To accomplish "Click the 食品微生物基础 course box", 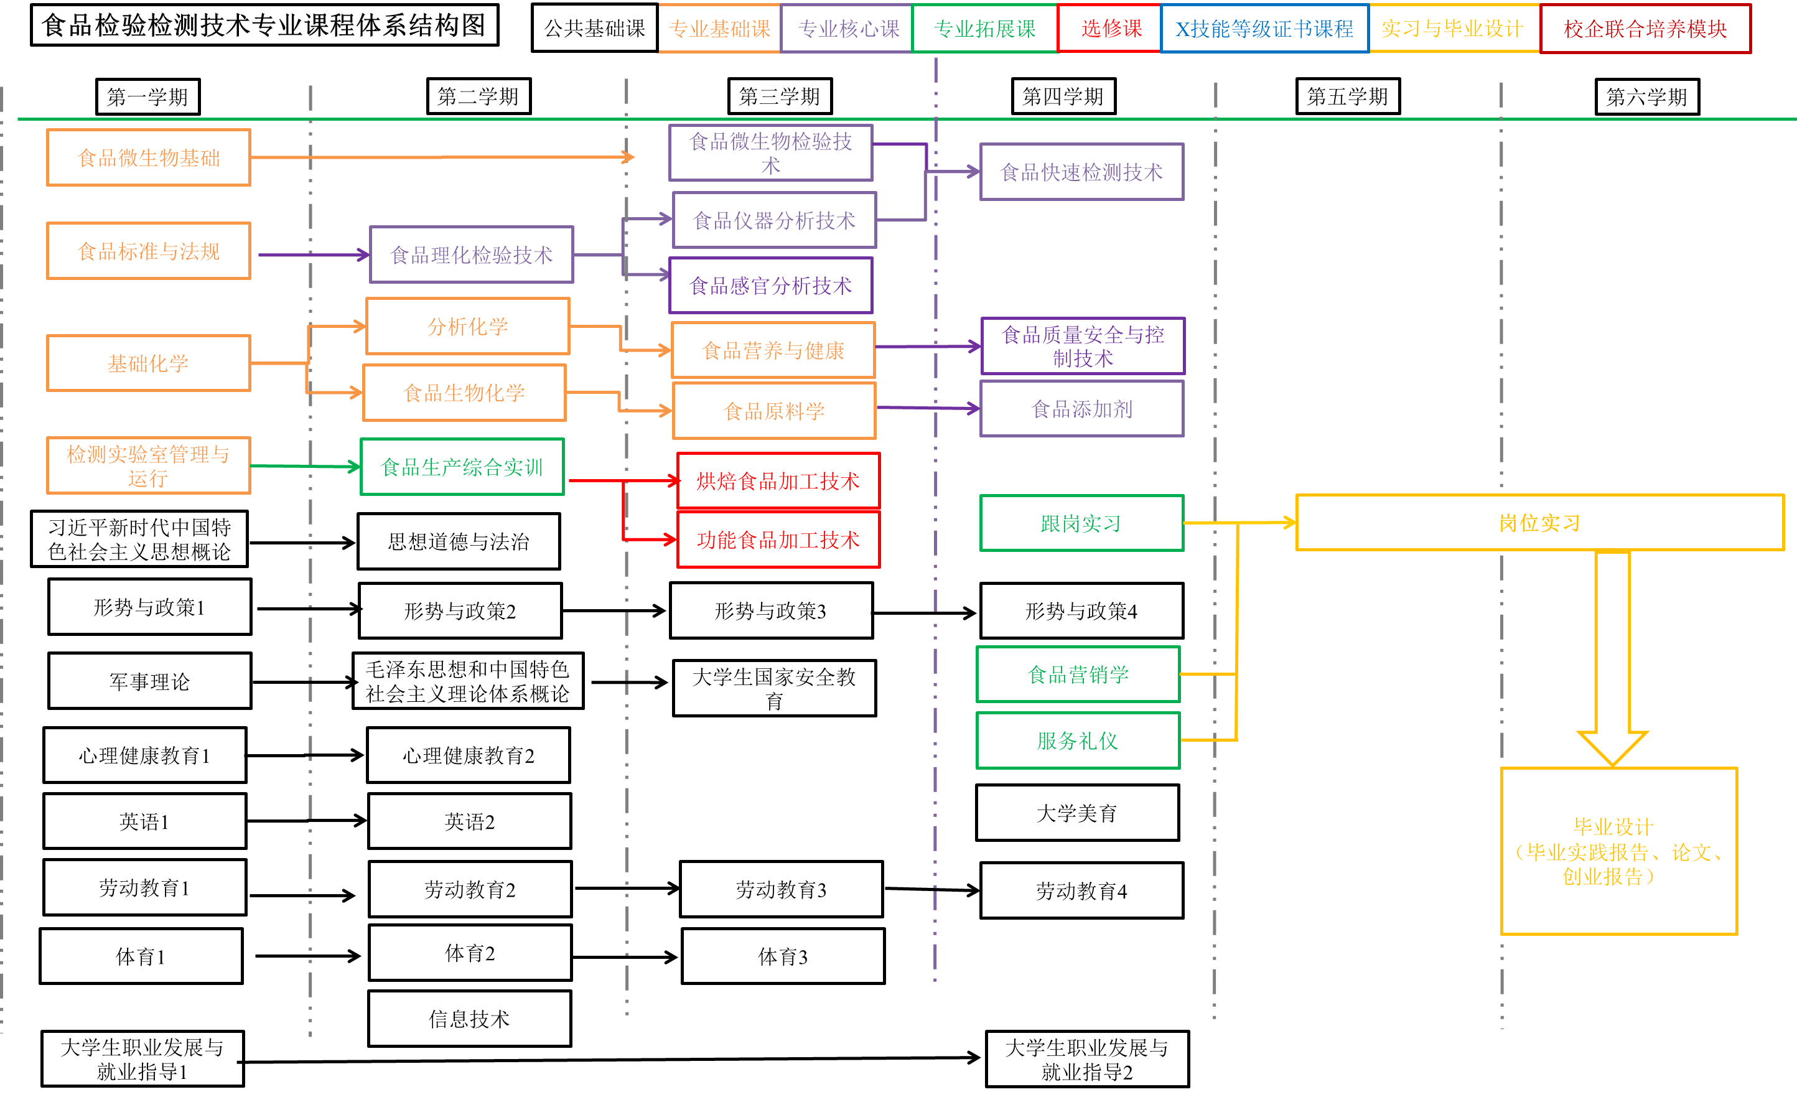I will click(149, 157).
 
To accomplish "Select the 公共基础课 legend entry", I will click(594, 29).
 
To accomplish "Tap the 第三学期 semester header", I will click(779, 96).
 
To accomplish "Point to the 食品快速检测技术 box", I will click(1081, 172).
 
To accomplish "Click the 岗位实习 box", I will click(1539, 522).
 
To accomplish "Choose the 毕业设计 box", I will click(1618, 851).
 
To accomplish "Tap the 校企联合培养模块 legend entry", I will click(1645, 29).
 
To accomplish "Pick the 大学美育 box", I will click(1076, 813).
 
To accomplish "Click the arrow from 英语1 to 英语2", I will click(306, 821).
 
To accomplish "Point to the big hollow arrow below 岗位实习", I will click(1612, 656).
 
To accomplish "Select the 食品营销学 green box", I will click(1077, 674).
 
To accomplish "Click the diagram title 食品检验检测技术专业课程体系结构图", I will click(264, 26).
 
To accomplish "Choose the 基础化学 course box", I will click(149, 363).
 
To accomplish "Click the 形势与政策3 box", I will click(770, 610).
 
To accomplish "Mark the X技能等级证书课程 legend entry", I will click(1263, 29).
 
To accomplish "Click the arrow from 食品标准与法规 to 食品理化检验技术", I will click(314, 254).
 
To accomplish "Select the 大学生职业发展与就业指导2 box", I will click(1086, 1059).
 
